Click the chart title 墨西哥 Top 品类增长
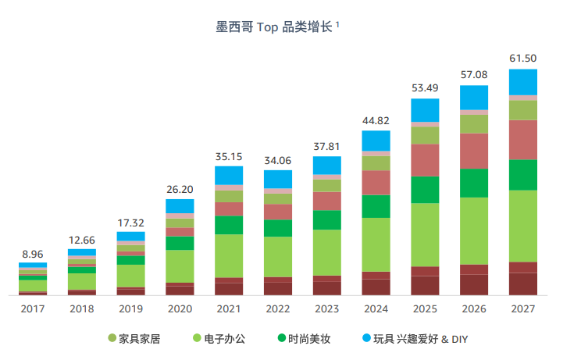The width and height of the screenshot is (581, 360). (276, 27)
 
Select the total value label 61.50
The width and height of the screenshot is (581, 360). (522, 59)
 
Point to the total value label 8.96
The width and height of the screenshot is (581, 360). (33, 254)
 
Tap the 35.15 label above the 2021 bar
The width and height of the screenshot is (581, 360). (229, 157)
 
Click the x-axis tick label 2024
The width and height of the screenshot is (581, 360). (376, 309)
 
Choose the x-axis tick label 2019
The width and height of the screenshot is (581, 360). (130, 309)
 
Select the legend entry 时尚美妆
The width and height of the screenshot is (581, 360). (308, 339)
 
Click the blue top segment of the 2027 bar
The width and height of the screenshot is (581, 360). (522, 82)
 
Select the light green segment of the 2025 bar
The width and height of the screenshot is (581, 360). (425, 234)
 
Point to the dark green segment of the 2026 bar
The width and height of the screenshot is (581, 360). (473, 183)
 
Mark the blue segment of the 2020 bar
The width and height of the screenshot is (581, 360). (180, 206)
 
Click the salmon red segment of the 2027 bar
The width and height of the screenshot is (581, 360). (522, 139)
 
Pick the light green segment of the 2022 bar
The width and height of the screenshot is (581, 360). (278, 256)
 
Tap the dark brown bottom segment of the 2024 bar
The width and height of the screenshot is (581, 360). (376, 287)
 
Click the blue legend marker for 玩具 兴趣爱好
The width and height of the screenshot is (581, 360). (365, 339)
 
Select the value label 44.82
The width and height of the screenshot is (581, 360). (376, 121)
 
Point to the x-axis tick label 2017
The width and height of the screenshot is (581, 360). (33, 309)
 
